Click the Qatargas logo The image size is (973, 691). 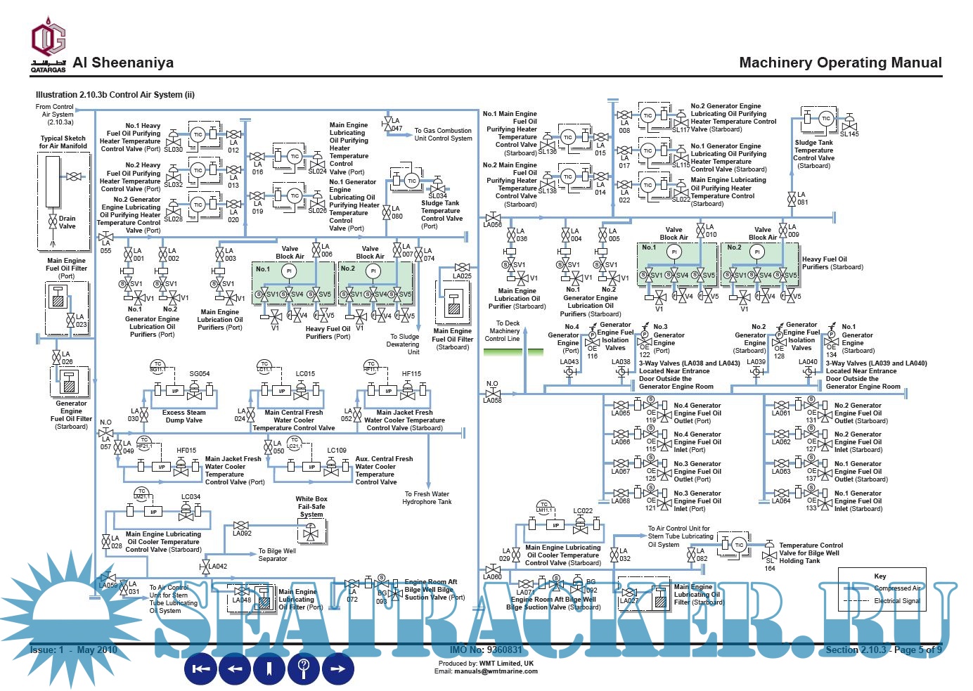pos(48,46)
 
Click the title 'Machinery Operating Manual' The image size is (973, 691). pos(840,63)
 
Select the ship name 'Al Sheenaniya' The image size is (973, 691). pos(123,63)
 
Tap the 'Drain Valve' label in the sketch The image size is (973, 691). pos(67,222)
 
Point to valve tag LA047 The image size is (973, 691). pos(397,124)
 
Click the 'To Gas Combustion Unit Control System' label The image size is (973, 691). pos(443,134)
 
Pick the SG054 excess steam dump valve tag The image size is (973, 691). pos(200,374)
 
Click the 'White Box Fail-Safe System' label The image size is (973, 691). pos(311,506)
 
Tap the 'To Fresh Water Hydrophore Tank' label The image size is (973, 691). pos(427,498)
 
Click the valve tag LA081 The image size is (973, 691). pos(802,198)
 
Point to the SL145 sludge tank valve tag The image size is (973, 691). pos(849,134)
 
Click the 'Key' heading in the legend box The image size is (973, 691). pos(880,576)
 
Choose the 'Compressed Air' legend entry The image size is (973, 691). pos(897,588)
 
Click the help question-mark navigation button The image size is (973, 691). pos(304,669)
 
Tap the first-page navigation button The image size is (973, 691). pos(201,669)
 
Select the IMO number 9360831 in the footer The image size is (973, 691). pos(486,650)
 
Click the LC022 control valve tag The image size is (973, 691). pos(583,511)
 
